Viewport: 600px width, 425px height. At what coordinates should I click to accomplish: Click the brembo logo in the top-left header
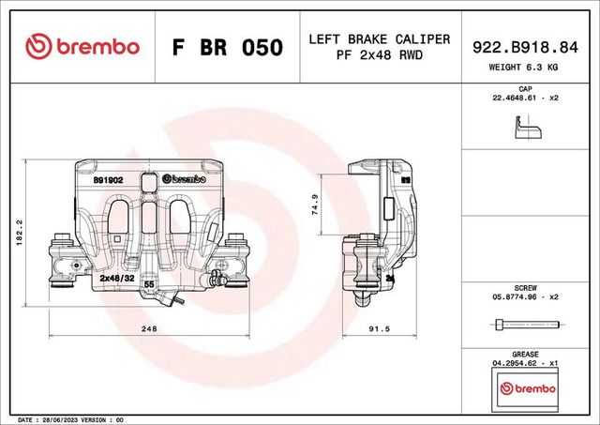82,47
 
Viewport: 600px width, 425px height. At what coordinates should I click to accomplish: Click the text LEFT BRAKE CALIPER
379,39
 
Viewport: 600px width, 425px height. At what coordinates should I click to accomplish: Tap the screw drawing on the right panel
524,324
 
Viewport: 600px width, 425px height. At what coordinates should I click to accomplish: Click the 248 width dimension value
147,328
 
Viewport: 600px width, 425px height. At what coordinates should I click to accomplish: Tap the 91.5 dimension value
378,328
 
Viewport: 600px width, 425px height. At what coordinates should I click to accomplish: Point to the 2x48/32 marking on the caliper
117,279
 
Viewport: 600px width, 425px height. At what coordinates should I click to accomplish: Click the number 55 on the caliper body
148,296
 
